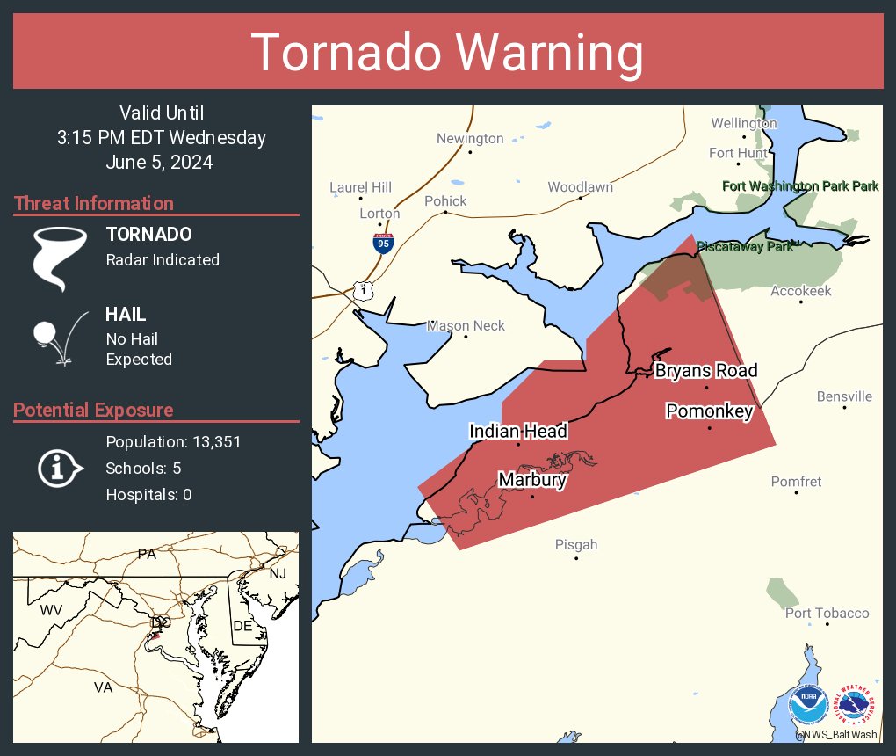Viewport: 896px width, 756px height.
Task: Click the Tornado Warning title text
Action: (x=447, y=53)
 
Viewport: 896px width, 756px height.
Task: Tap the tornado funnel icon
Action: (x=60, y=258)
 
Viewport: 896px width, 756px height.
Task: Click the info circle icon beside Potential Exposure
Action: (x=59, y=468)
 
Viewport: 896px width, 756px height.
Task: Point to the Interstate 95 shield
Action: (x=383, y=243)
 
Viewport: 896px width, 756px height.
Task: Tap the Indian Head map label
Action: (x=518, y=431)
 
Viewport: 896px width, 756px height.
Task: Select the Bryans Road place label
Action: (x=706, y=371)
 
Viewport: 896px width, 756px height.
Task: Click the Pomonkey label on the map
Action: (x=710, y=411)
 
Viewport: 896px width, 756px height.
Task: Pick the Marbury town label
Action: (x=531, y=480)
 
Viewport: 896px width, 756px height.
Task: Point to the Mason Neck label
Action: (x=466, y=326)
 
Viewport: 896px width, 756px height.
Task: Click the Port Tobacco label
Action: (x=827, y=613)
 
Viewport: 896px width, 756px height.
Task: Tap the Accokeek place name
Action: (x=801, y=291)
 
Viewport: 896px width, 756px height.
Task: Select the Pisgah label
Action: (x=576, y=544)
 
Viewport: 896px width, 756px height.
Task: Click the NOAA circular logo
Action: (x=808, y=705)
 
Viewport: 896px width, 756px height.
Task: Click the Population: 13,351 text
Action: (x=173, y=441)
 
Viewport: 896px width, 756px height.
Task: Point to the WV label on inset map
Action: (x=52, y=609)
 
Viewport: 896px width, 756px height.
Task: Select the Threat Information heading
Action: (x=94, y=203)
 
